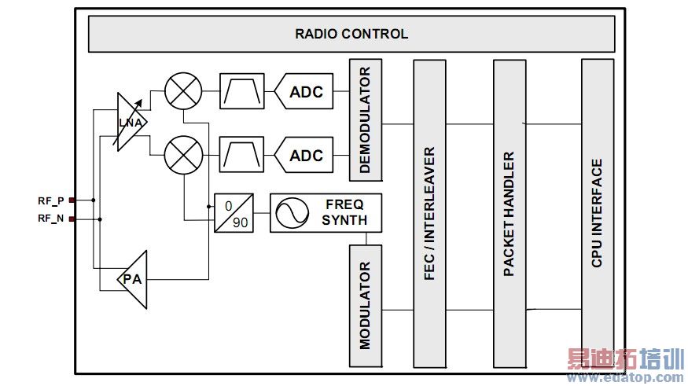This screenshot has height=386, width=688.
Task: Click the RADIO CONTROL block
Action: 351,34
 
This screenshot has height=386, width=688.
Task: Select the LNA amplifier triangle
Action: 129,123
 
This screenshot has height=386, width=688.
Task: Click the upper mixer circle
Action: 184,91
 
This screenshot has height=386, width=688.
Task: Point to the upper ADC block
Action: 304,92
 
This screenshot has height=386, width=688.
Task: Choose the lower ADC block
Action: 304,155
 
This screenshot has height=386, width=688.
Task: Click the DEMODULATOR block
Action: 365,120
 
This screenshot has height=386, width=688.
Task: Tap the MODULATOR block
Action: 365,305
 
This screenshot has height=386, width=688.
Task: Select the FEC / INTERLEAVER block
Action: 429,212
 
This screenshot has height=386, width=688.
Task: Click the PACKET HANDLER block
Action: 509,212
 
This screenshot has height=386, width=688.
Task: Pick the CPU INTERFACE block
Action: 597,212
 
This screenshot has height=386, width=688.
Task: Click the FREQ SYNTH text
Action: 344,212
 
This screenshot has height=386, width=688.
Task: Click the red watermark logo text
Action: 626,361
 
